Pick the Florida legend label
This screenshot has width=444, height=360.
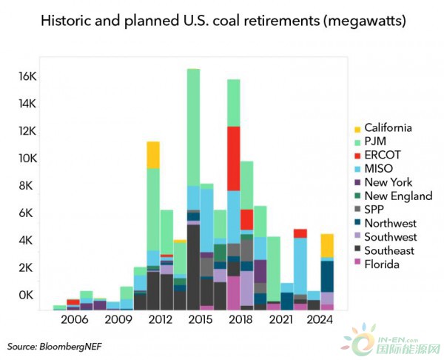pyautogui.click(x=381, y=264)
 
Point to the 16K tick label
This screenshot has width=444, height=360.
pyautogui.click(x=28, y=76)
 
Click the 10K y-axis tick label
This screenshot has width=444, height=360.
pyautogui.click(x=28, y=159)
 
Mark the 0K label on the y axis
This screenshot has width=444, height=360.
pyautogui.click(x=28, y=295)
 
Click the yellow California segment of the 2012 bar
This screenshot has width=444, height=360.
pyautogui.click(x=153, y=155)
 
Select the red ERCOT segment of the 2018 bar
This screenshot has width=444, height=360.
pyautogui.click(x=234, y=159)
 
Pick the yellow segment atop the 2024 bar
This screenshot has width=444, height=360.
pyautogui.click(x=326, y=245)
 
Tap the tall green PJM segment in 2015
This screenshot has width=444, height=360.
pyautogui.click(x=194, y=127)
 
